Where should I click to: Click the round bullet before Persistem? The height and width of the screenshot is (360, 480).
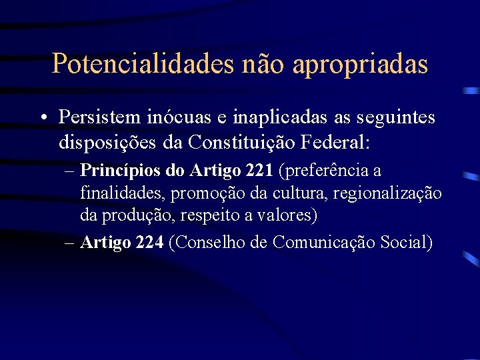42,118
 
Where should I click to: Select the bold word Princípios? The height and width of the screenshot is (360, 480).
121,171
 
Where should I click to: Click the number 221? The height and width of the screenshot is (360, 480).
259,171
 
